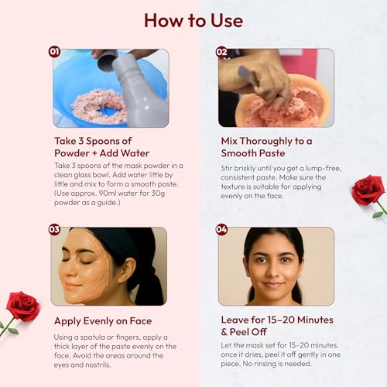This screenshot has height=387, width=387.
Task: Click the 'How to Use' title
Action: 193,20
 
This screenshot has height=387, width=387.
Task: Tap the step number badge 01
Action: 54,52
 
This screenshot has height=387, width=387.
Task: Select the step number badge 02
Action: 221,52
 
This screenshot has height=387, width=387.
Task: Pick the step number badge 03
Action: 54,229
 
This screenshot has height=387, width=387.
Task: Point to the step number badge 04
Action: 221,229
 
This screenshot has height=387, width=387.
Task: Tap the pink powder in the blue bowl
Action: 99,106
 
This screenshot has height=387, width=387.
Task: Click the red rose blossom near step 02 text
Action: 368,190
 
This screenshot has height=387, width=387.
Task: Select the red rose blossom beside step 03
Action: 23,307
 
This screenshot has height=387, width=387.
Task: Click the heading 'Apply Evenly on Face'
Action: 103,321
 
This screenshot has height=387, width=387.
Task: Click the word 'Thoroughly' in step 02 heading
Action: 266,142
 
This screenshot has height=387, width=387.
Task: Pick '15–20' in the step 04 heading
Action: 281,320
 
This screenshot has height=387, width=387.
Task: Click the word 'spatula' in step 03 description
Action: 92,337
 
